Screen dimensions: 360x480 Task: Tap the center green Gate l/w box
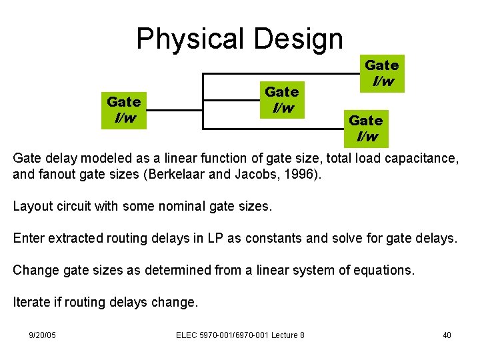tap(281, 99)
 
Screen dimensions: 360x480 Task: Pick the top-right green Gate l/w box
tap(382, 73)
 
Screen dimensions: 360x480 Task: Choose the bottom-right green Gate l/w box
tap(366, 129)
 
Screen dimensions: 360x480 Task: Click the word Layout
tap(33, 206)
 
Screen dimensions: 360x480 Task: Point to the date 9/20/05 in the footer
tap(43, 335)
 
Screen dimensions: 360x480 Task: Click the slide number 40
tap(447, 335)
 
